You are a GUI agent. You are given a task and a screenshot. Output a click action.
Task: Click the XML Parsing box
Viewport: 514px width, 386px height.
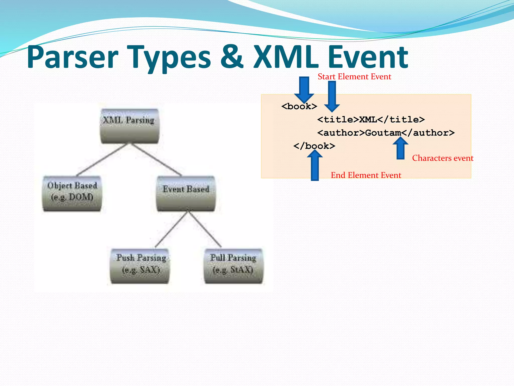click(x=129, y=126)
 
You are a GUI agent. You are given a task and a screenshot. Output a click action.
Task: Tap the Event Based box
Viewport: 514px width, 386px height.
click(x=186, y=194)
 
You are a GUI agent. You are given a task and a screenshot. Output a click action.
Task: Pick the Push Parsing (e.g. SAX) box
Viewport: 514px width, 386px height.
click(x=140, y=266)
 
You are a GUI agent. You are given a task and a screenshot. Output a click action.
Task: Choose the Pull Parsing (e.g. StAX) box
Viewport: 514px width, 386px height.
click(x=233, y=266)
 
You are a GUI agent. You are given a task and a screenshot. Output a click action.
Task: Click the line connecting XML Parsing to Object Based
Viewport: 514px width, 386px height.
click(x=102, y=160)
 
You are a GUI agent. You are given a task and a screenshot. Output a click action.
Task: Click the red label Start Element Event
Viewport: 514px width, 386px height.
click(x=354, y=77)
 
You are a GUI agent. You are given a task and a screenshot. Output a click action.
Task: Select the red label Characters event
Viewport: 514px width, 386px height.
click(x=442, y=158)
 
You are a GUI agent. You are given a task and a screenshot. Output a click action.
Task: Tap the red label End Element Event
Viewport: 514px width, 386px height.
click(x=366, y=175)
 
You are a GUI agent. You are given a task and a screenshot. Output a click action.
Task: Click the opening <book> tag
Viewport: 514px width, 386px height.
click(x=299, y=107)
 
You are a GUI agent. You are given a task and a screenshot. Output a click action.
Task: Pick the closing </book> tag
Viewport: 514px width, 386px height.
click(x=314, y=146)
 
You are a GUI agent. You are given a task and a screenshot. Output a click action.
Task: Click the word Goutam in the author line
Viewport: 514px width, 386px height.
click(x=383, y=133)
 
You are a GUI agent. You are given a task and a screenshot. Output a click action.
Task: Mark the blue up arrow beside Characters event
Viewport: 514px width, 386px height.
click(x=401, y=148)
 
